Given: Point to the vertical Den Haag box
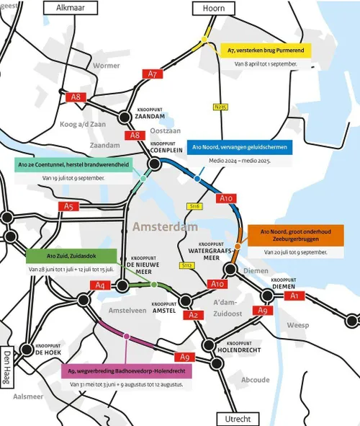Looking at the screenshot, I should coord(7,368).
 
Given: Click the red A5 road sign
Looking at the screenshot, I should coord(68,207).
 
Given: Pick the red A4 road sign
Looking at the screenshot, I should coord(102,285).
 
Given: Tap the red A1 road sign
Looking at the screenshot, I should coord(292,296).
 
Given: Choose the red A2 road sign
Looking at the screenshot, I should coord(194,315).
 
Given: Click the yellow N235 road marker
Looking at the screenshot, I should coord(221,108).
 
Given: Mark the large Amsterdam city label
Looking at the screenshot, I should coord(165,227).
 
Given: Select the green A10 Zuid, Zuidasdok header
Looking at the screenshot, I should coord(71,254).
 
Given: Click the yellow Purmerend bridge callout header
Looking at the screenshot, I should coord(264,50).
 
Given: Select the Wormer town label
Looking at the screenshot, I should coord(107,66).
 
